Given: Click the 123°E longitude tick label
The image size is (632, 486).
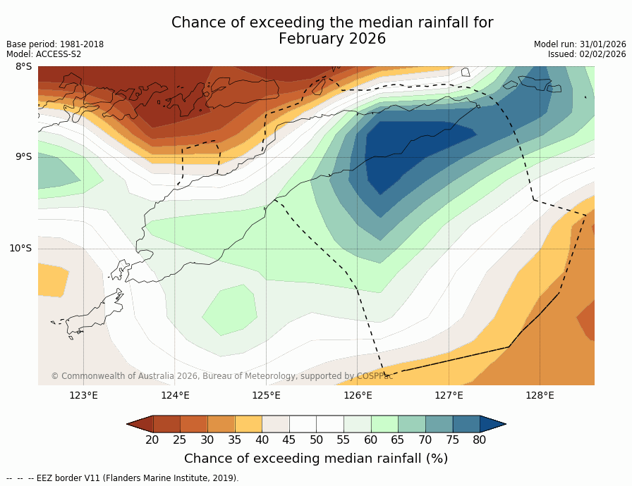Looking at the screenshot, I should pos(83,395).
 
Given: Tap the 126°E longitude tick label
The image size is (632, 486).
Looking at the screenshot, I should pos(358,395).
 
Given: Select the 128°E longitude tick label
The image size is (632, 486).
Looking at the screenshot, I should pos(540,395).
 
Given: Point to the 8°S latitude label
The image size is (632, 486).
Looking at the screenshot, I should pos(23,67).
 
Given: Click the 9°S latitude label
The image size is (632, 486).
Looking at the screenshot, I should pos(23,157).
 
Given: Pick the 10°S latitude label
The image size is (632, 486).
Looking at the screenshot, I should pos(20,248).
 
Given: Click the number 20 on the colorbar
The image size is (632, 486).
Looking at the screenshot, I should pos(152,440).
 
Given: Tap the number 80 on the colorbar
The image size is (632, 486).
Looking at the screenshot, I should pos(480,440).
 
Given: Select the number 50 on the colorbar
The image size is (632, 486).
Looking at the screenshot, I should pos(316,440).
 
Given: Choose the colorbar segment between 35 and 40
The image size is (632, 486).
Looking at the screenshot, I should pos(248,423).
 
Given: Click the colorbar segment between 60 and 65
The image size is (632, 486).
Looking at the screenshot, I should pos(384,423).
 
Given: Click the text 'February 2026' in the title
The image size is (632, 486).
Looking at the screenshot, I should pos(332,39).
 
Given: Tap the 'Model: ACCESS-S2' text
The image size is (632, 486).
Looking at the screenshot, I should pos(44,54).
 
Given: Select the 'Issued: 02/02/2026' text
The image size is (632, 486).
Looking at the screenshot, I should pos(587,54).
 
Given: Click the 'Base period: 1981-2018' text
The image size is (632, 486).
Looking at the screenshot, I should pos(55,44).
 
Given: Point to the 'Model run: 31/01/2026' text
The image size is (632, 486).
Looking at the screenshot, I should pos(580,44).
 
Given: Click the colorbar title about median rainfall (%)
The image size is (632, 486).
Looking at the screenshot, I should pos(316,459).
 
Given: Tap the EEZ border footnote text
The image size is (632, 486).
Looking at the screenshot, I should pos(123,478).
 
